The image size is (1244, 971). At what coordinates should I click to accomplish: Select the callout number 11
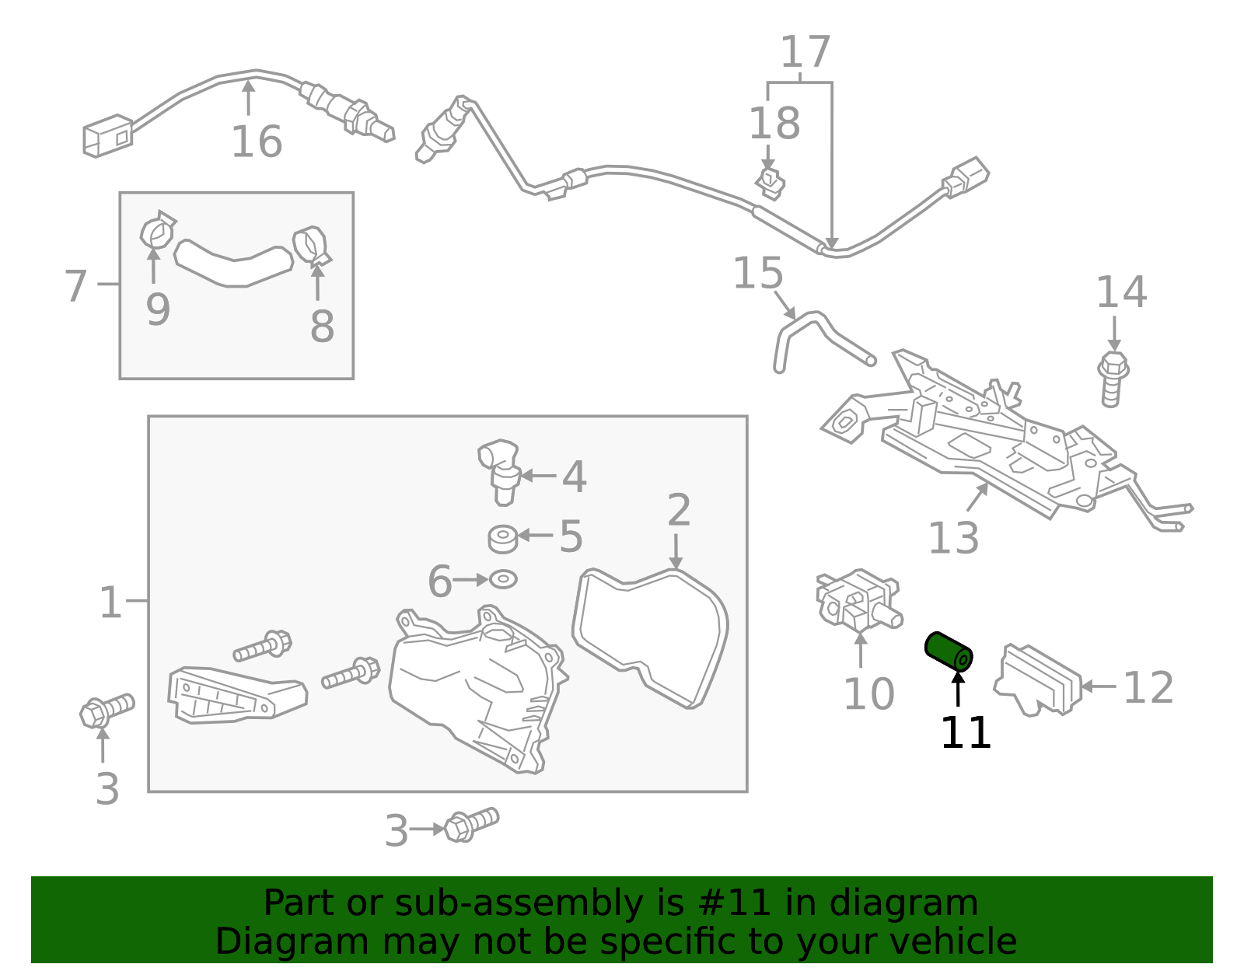click(965, 733)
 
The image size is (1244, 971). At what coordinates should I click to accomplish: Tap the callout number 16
click(256, 141)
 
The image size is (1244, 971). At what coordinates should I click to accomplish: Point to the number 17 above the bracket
click(805, 53)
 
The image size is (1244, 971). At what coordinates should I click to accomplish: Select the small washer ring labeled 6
click(503, 579)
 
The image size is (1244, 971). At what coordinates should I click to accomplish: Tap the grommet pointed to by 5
click(503, 538)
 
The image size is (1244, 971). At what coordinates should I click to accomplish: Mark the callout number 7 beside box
click(75, 285)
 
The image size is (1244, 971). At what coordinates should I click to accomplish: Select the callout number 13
click(953, 537)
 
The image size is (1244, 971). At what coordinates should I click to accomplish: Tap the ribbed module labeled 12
click(1039, 679)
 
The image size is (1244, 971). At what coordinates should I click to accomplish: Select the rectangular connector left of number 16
click(107, 136)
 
